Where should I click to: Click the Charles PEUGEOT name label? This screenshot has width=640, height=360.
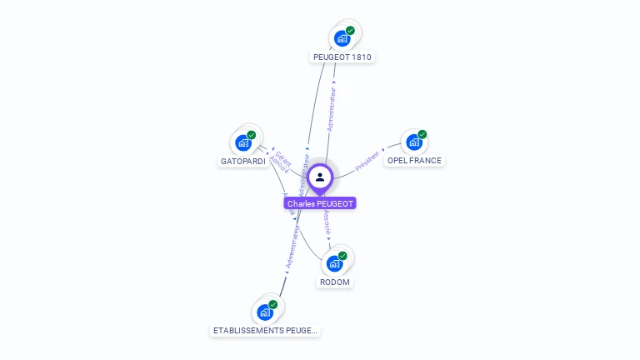[320, 203]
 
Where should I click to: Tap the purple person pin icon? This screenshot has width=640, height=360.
[320, 177]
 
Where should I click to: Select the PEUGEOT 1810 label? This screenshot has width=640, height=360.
[342, 57]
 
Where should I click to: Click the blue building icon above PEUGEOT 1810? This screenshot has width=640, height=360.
[341, 38]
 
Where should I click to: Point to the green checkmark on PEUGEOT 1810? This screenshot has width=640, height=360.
[350, 31]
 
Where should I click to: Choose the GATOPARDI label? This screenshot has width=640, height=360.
[243, 161]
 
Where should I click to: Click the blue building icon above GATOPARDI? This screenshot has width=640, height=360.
[242, 142]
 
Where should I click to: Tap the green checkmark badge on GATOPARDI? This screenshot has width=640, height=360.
[251, 135]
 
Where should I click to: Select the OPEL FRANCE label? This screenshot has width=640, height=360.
[414, 160]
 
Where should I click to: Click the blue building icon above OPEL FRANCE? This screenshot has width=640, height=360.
[413, 142]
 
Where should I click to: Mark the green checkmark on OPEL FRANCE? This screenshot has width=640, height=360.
[422, 134]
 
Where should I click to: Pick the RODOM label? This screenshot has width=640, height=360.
[335, 282]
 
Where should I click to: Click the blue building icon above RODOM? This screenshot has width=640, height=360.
[334, 263]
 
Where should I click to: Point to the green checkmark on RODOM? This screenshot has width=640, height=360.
[342, 256]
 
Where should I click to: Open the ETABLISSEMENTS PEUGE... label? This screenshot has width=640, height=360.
[265, 330]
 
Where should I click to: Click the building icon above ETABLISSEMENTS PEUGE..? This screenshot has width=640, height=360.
[264, 312]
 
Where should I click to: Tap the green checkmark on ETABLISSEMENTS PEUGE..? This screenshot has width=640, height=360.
[272, 305]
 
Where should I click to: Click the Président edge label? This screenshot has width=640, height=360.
[367, 161]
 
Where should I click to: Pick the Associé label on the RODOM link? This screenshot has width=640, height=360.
[327, 222]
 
